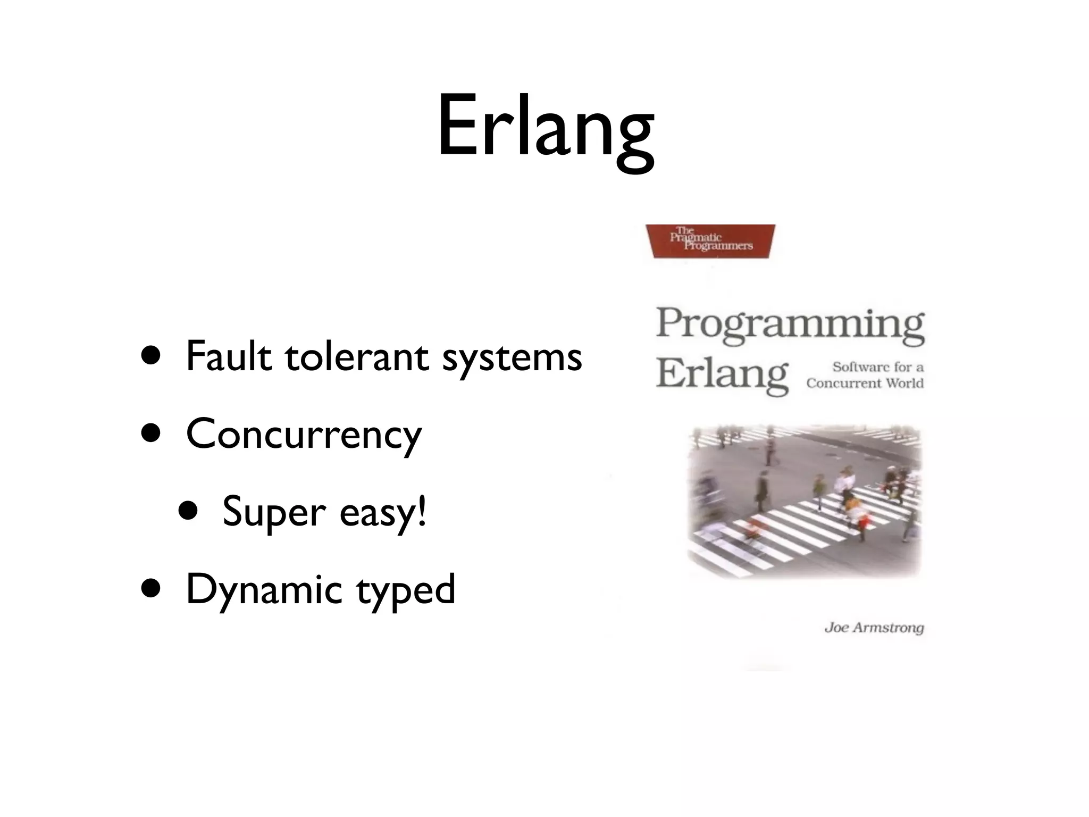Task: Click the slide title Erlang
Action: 546,128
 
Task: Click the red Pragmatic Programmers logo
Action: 710,241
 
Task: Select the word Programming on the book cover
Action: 790,323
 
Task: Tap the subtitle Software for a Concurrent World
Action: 866,375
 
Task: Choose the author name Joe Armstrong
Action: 874,628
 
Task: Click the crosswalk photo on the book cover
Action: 803,500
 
